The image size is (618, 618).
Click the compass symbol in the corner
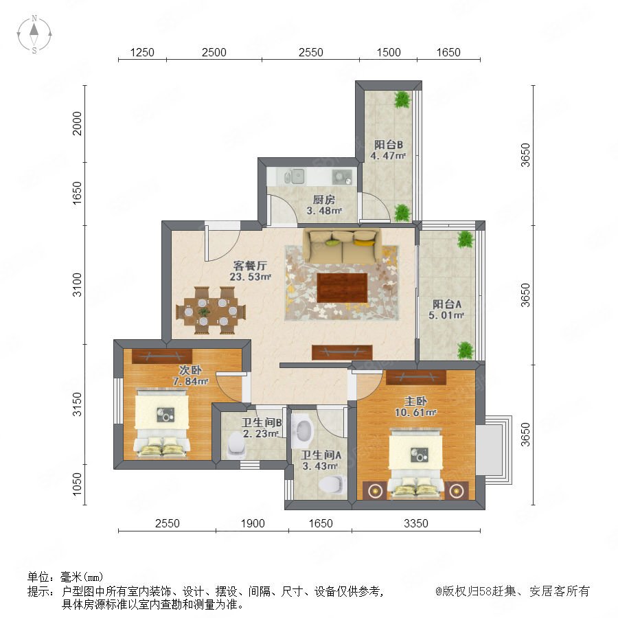(x=34, y=34)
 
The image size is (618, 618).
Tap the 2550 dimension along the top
(x=310, y=52)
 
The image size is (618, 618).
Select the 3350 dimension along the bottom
(x=416, y=523)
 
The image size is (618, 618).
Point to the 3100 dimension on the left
(x=77, y=284)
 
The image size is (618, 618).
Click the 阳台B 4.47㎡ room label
(x=388, y=150)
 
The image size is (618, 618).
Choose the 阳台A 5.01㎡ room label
(x=446, y=310)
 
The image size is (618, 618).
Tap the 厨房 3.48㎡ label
(x=324, y=205)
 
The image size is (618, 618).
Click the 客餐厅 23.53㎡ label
(x=250, y=271)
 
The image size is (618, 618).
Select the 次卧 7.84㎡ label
(x=190, y=376)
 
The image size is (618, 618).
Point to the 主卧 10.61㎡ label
(x=415, y=407)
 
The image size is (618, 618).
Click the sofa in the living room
(x=342, y=247)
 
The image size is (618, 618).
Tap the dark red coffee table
(x=342, y=288)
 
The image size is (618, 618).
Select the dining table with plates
(x=210, y=311)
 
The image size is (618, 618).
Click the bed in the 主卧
(x=416, y=464)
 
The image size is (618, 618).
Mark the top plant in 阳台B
(x=402, y=100)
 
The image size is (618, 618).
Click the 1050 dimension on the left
(x=77, y=484)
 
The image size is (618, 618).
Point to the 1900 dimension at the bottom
(x=253, y=523)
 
